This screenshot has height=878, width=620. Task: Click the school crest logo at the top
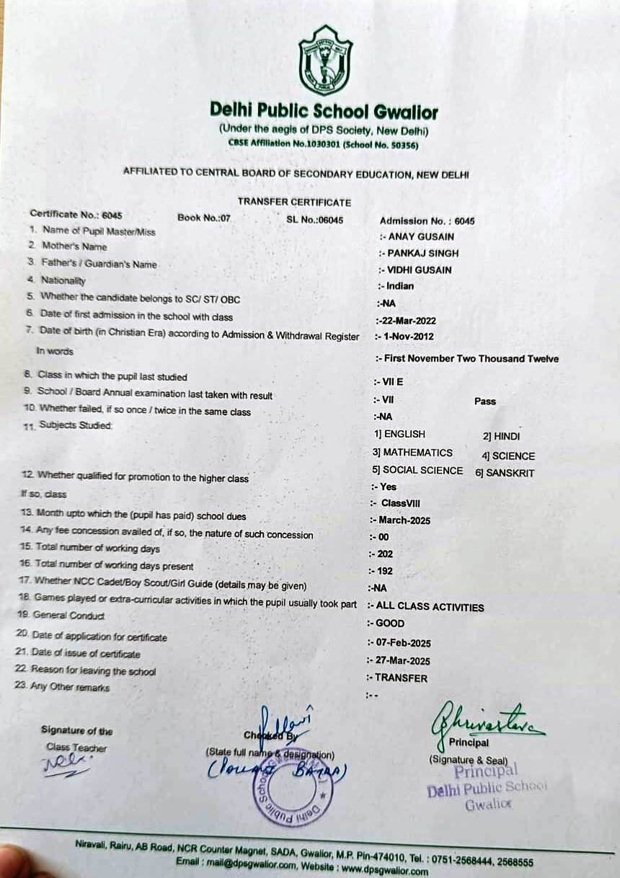(325, 61)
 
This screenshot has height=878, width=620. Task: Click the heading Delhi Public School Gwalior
(324, 111)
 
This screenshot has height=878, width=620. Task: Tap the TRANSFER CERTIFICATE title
(294, 203)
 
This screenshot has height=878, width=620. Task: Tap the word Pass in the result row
(485, 401)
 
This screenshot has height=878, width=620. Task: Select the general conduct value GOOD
(389, 623)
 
